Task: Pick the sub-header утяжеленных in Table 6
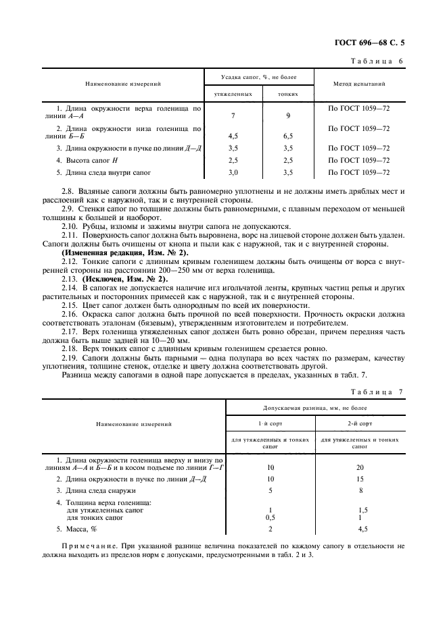[233, 95]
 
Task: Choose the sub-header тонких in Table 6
[288, 95]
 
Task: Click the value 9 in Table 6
[288, 115]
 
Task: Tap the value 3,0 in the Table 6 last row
[233, 173]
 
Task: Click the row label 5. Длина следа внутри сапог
[103, 173]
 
